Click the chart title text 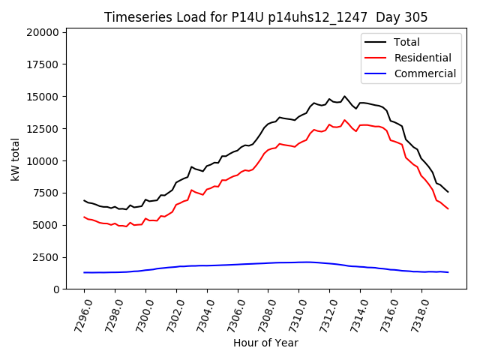click(265, 17)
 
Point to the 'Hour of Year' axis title click(265, 343)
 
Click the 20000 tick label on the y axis click(43, 32)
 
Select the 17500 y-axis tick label click(43, 64)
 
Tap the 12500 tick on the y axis click(43, 128)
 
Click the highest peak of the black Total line click(344, 96)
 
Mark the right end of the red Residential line click(448, 208)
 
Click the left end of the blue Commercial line click(84, 272)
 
